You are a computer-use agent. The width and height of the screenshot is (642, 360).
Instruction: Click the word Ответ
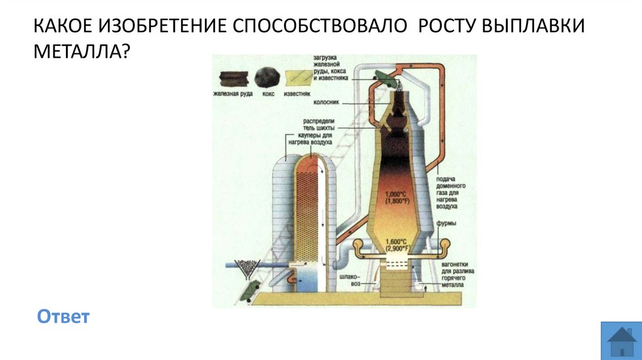(63, 316)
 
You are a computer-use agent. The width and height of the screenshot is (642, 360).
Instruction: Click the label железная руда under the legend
(232, 94)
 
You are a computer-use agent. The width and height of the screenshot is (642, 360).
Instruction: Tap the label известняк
(297, 94)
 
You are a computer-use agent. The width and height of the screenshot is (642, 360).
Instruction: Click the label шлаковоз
(351, 280)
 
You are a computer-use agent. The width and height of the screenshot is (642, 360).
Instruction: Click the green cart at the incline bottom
(248, 289)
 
